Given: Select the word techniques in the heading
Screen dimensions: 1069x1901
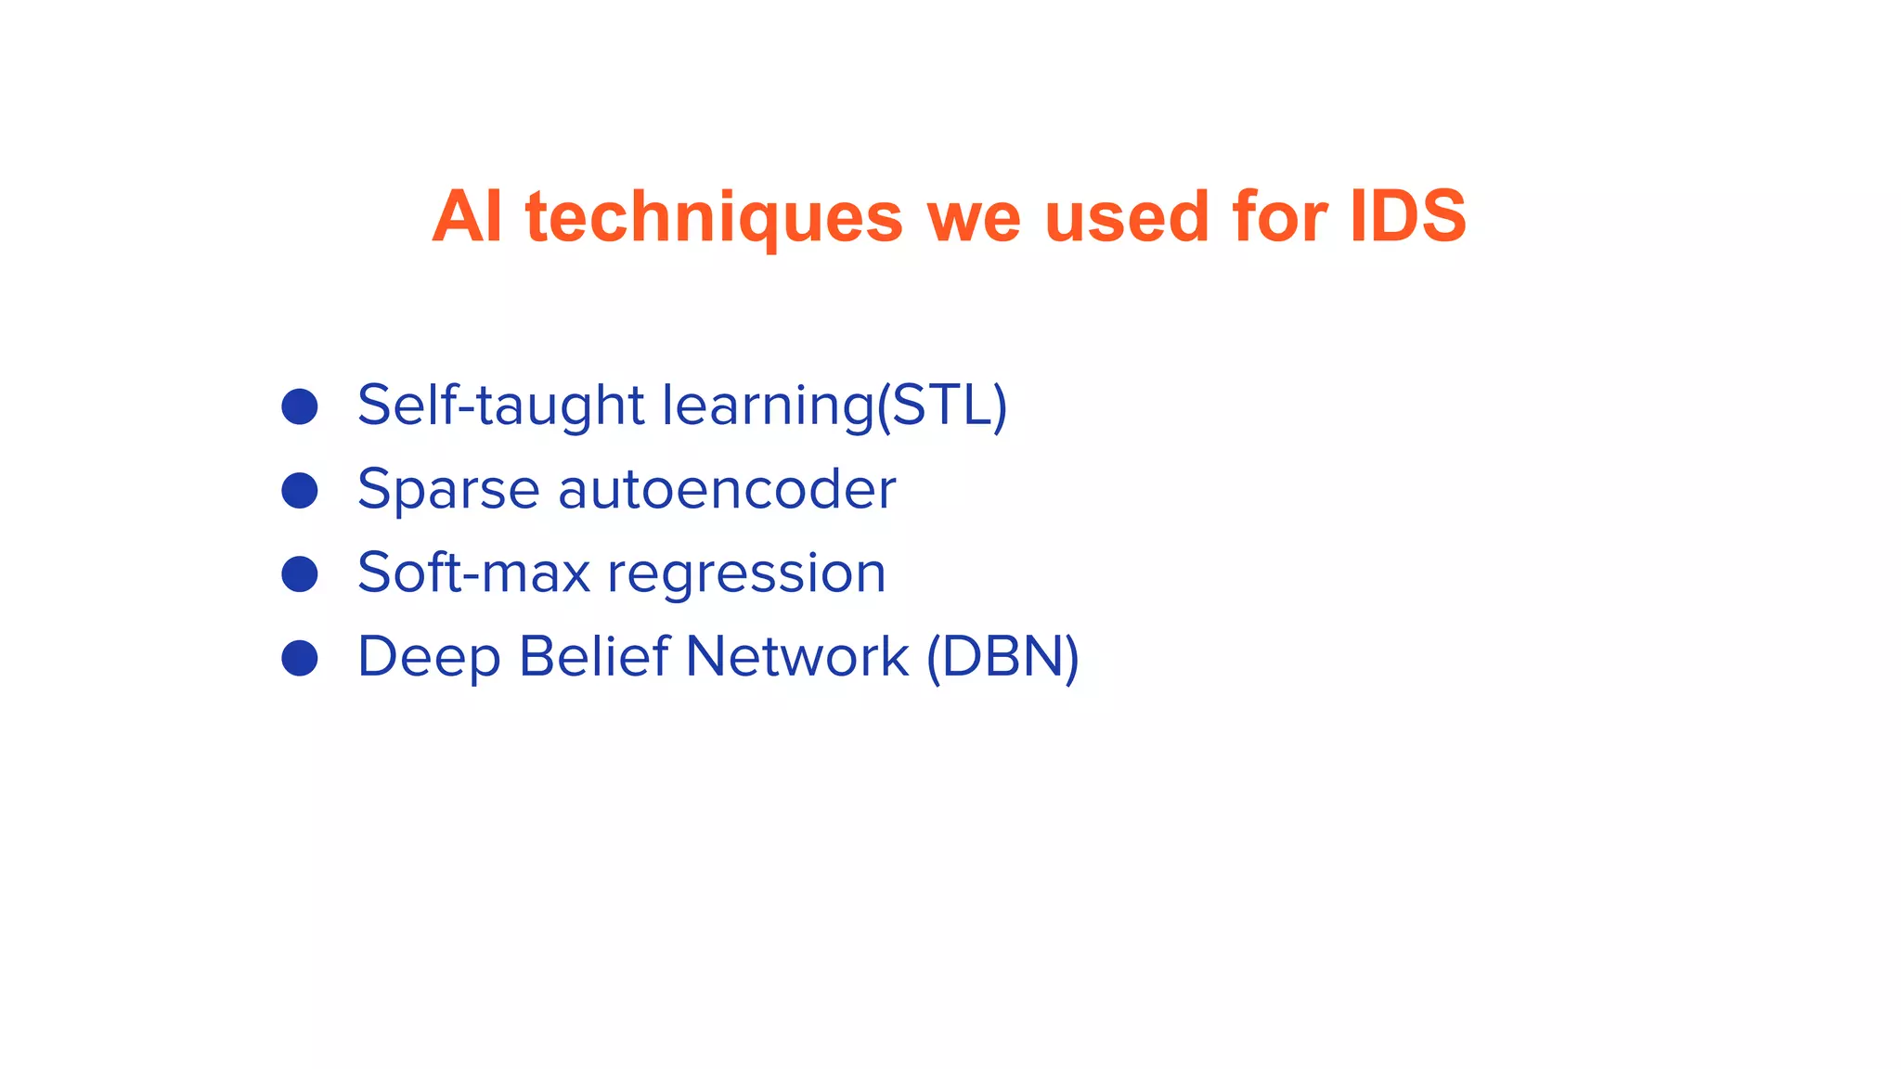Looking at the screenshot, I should coord(714,217).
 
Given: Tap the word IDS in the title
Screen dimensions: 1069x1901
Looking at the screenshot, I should coord(1407,217).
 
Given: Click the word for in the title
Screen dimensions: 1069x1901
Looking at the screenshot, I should coord(1280,217).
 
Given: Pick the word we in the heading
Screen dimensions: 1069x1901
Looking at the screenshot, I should coord(974,217).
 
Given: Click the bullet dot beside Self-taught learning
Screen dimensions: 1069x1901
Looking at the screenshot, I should coord(300,406).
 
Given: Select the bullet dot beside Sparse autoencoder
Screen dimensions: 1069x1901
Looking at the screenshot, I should coord(300,490).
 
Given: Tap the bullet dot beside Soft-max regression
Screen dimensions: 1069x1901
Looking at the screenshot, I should coord(300,573).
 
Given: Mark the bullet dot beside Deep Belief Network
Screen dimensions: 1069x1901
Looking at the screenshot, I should coord(300,658).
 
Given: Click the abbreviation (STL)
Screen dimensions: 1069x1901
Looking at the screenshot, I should coord(942,406).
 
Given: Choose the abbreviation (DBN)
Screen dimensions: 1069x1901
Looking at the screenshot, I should coord(1002,658).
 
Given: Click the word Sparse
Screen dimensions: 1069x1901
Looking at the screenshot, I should coord(448,490).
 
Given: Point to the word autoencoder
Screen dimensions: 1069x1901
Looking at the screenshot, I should coord(727,490).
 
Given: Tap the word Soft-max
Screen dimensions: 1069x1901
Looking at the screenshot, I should coord(473,573).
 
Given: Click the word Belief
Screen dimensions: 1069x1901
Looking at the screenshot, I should coord(594,657).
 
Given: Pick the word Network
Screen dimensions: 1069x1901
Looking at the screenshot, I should coord(796,657).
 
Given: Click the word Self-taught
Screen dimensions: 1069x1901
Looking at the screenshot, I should coord(500,406).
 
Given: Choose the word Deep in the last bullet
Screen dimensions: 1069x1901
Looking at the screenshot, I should coord(428,659).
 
